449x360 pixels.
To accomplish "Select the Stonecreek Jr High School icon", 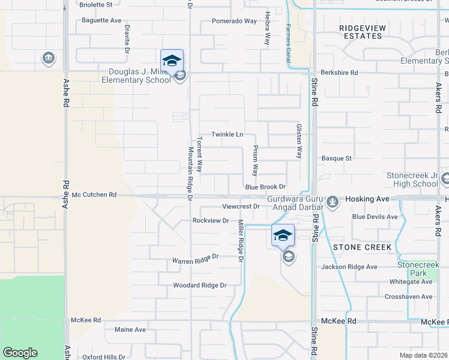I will point(445,179).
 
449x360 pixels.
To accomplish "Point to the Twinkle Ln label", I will point(227,134).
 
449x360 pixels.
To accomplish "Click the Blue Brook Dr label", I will point(265,187).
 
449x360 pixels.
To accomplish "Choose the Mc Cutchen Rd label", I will point(94,195).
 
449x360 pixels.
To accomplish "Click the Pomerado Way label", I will point(234,21).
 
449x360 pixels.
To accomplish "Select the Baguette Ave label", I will point(101,20).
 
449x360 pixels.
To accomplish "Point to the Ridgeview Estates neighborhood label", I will point(360,32).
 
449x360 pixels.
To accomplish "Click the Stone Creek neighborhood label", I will point(362,247).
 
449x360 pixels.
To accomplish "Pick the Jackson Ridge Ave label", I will point(349,267).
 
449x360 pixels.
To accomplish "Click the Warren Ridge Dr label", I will point(195,259).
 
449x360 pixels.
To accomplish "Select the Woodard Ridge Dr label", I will point(199,286).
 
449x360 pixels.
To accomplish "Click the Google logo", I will point(20,353).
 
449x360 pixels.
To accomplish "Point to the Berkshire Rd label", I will point(339,73).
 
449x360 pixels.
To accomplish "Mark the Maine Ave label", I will point(130,329).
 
